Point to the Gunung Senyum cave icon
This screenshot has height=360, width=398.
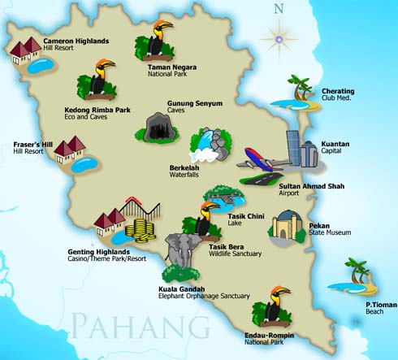[159, 126]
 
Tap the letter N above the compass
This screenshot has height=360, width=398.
[280, 10]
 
